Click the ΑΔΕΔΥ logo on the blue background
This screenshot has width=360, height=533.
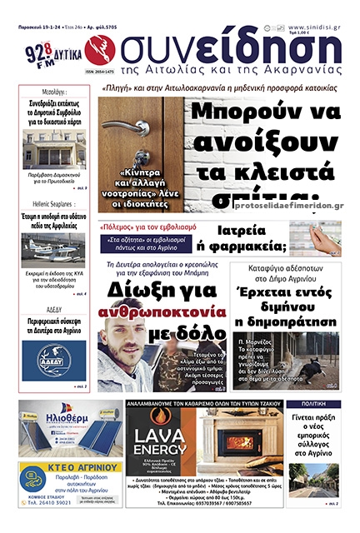coord(54,359)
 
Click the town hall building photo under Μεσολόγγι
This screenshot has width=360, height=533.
coord(54,149)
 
